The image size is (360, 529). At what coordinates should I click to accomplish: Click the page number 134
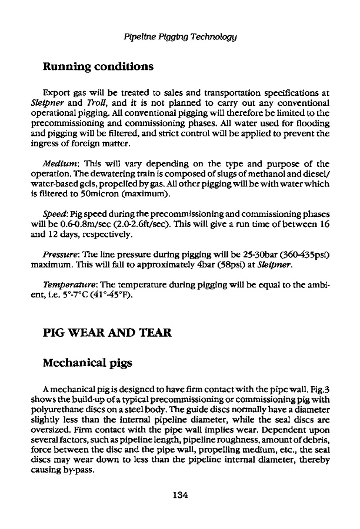point(180,495)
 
